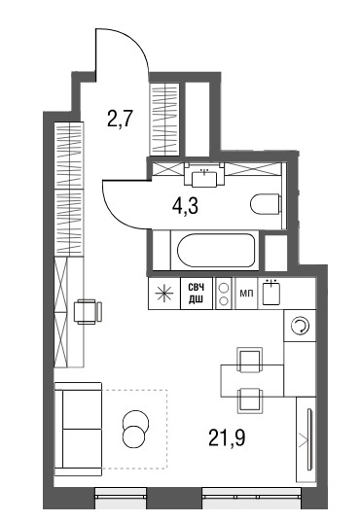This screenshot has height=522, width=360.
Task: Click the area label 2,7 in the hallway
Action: point(120,120)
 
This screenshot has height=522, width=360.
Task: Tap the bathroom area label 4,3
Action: point(185,206)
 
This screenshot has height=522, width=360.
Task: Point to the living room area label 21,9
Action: point(227,437)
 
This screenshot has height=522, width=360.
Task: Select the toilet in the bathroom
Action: point(266,204)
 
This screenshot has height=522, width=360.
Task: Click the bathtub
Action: point(216,250)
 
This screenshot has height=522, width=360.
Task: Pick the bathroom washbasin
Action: point(204,178)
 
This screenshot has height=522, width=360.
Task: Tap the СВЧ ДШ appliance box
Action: point(197,294)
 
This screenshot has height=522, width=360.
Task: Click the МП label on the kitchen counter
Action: point(247,294)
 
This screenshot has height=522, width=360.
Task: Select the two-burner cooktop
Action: point(224,294)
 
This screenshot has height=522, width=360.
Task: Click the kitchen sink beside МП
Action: point(271,292)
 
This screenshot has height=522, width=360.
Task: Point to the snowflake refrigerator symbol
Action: point(165,294)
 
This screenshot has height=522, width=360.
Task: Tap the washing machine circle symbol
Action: point(300,326)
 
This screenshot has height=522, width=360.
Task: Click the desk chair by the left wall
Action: point(88,311)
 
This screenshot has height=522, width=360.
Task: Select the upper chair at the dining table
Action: point(249,360)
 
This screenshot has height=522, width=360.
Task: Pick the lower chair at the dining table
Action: point(250,400)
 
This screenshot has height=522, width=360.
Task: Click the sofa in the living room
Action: point(78,429)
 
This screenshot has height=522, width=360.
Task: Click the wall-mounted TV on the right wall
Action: point(309,439)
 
